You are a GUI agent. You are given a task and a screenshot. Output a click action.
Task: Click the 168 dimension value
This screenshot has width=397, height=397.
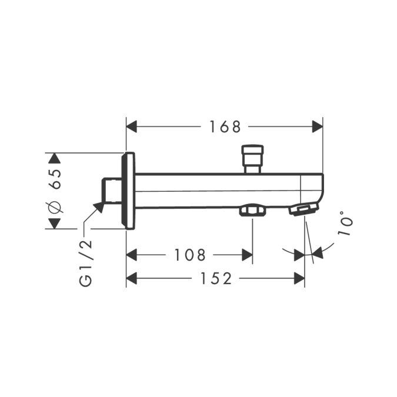(x=225, y=126)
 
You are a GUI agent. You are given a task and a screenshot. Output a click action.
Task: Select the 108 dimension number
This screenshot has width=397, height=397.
(x=190, y=255)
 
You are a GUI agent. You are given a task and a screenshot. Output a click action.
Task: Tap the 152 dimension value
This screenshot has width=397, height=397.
(x=216, y=278)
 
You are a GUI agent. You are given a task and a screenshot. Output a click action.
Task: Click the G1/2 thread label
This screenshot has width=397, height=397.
(x=85, y=263)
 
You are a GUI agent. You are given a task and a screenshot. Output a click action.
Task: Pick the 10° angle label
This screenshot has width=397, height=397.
(x=345, y=223)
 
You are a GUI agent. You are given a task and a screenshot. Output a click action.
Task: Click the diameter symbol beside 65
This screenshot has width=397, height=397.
(x=54, y=204)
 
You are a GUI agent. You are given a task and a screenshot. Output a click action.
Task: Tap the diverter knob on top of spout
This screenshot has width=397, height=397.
(x=253, y=159)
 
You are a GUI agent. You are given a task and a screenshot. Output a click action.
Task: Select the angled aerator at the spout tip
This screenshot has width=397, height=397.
(x=303, y=209)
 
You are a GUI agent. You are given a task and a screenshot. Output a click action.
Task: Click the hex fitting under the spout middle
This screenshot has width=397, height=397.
(x=252, y=210)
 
